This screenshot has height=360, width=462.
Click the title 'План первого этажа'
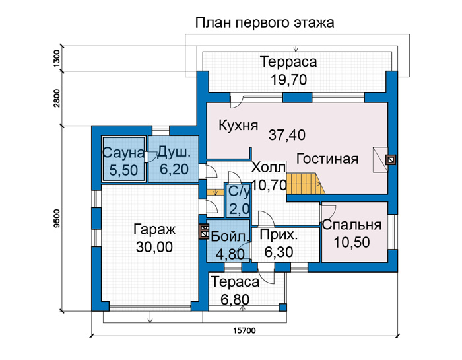click(x=265, y=23)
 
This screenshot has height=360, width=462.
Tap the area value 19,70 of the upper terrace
click(x=289, y=80)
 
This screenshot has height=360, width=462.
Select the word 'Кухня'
click(x=238, y=126)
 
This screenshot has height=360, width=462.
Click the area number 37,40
click(x=287, y=135)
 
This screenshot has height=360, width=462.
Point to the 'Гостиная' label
click(x=327, y=159)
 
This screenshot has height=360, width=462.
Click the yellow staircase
click(x=306, y=184)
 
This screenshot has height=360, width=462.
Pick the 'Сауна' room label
click(x=124, y=153)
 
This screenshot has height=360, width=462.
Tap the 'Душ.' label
click(x=174, y=153)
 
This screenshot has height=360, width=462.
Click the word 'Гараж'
click(x=154, y=230)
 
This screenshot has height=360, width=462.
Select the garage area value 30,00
click(x=154, y=247)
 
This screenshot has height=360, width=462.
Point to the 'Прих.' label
click(x=279, y=235)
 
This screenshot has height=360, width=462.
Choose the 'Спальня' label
click(x=352, y=225)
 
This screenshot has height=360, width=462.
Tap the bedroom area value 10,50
click(x=352, y=242)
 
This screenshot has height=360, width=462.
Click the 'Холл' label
click(x=269, y=168)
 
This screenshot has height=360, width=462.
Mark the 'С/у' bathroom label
click(x=239, y=192)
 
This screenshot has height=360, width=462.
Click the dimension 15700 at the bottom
click(x=245, y=330)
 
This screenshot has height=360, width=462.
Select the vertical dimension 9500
click(x=57, y=218)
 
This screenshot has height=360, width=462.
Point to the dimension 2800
click(x=57, y=98)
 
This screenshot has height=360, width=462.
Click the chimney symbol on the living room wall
click(x=391, y=160)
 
